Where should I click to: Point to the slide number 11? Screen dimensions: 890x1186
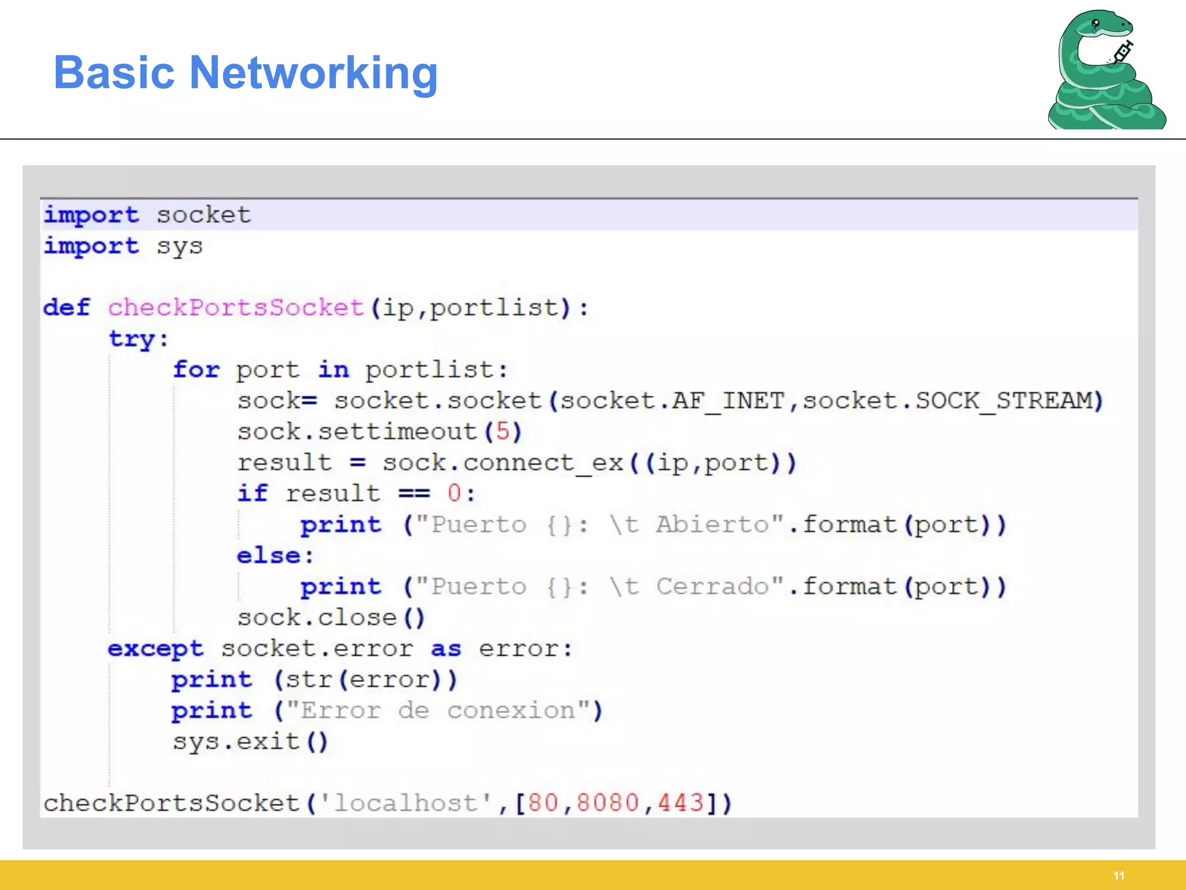(x=1119, y=876)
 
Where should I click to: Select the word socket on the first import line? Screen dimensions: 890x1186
(x=204, y=215)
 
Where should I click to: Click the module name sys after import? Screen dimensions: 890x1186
(x=180, y=247)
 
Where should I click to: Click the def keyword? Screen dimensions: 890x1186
(x=67, y=308)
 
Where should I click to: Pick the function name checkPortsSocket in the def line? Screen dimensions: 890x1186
(x=236, y=308)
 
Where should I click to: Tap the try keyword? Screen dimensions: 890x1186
(x=133, y=339)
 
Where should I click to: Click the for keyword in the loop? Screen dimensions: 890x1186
(x=196, y=370)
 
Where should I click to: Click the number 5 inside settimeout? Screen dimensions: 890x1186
(x=503, y=432)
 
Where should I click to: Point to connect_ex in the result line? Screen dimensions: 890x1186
(x=543, y=463)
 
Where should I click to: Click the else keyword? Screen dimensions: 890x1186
(x=268, y=556)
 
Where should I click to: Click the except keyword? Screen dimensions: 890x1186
(x=156, y=649)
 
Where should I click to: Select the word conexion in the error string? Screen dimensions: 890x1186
(x=511, y=711)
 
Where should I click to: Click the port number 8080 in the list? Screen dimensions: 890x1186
(x=607, y=804)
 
